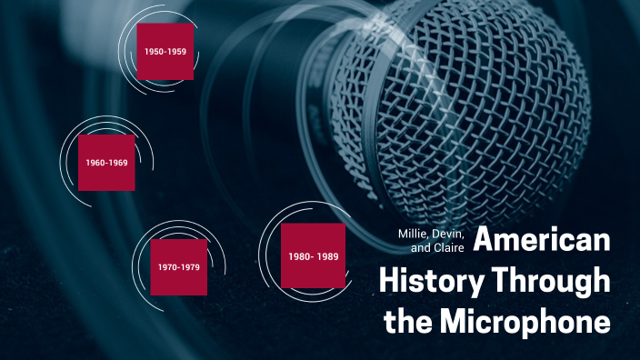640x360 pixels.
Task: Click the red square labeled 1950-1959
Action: click(165, 52)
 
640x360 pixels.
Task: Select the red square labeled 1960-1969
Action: click(106, 163)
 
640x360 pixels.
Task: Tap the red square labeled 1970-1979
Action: click(177, 267)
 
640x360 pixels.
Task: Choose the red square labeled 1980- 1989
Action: click(313, 256)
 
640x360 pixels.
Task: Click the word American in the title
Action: click(542, 243)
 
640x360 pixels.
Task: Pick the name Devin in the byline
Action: click(449, 234)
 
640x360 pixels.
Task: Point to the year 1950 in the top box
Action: click(154, 52)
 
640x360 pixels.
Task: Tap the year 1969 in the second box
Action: click(118, 163)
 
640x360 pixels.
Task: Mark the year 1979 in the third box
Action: click(189, 267)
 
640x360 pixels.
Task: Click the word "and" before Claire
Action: click(420, 248)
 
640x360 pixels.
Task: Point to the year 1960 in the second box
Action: click(95, 163)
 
